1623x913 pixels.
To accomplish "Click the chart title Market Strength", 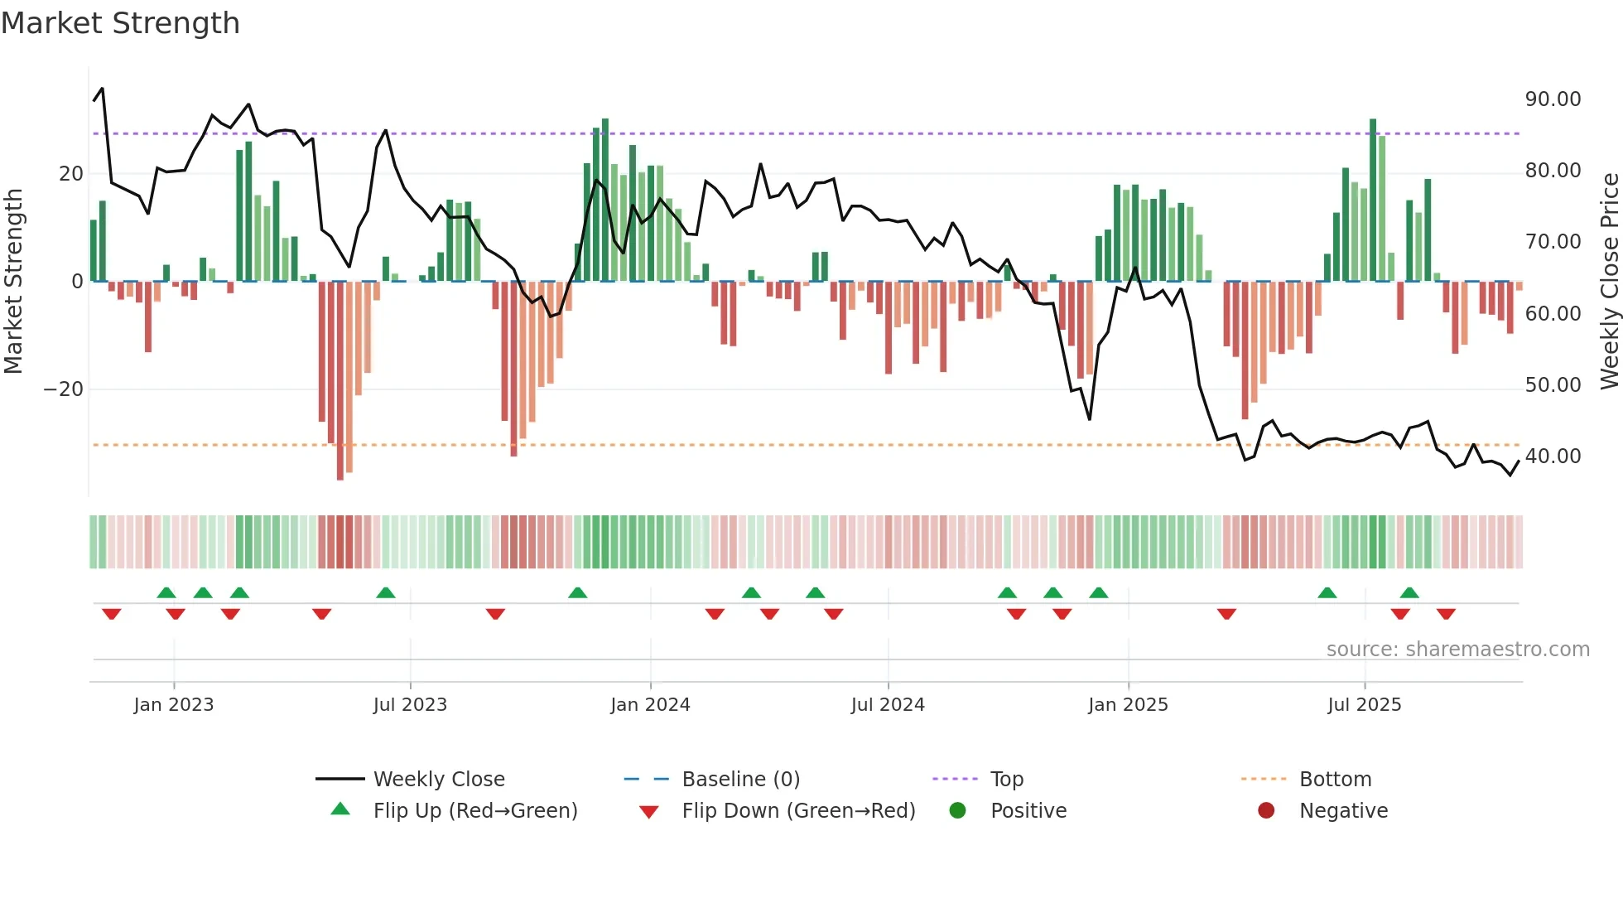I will (120, 23).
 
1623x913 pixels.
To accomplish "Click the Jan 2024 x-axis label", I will (650, 704).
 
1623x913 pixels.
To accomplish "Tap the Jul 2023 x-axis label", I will (410, 704).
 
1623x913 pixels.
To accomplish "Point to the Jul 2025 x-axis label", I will (1364, 704).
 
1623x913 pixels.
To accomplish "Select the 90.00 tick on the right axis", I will (1553, 99).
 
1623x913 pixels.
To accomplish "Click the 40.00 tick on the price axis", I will (1553, 456).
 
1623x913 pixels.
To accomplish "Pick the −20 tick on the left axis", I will (64, 389).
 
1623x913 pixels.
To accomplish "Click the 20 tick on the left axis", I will (71, 174).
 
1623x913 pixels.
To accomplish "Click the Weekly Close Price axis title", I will (1609, 282).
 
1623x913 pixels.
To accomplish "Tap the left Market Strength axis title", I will (13, 282).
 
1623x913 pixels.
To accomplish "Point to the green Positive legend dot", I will (958, 810).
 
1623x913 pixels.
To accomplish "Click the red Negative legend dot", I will (1266, 810).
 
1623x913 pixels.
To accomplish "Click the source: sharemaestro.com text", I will (1457, 649).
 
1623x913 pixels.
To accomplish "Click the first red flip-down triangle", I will (112, 614).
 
